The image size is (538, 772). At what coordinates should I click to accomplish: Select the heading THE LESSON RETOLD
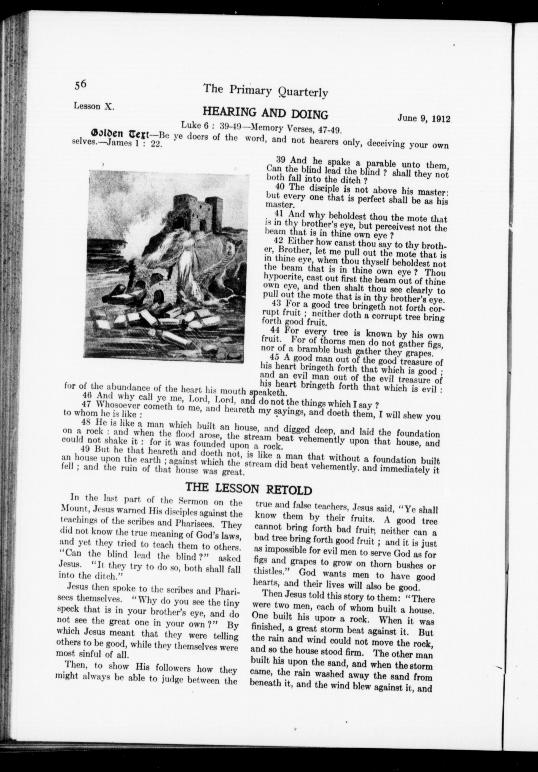(249, 488)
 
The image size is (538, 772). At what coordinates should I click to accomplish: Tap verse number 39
(281, 160)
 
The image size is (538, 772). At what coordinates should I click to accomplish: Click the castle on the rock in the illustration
(198, 210)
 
